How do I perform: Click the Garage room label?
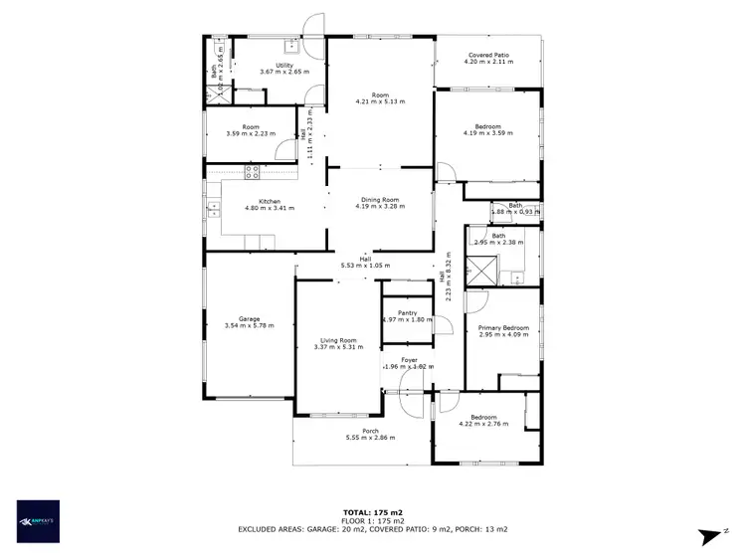(249, 319)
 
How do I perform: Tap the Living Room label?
(338, 340)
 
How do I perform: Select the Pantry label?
(407, 312)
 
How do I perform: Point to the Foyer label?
(409, 359)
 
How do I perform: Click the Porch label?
(370, 431)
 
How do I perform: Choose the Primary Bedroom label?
(502, 328)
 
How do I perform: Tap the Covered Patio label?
(487, 56)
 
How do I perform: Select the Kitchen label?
(257, 202)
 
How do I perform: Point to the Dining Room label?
(380, 201)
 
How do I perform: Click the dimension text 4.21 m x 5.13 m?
(381, 101)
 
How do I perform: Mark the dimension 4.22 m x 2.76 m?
(483, 424)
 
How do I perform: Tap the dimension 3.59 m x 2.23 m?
(250, 134)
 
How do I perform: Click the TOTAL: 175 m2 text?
(372, 511)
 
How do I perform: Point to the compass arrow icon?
(709, 536)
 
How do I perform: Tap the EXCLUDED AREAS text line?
(372, 529)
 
